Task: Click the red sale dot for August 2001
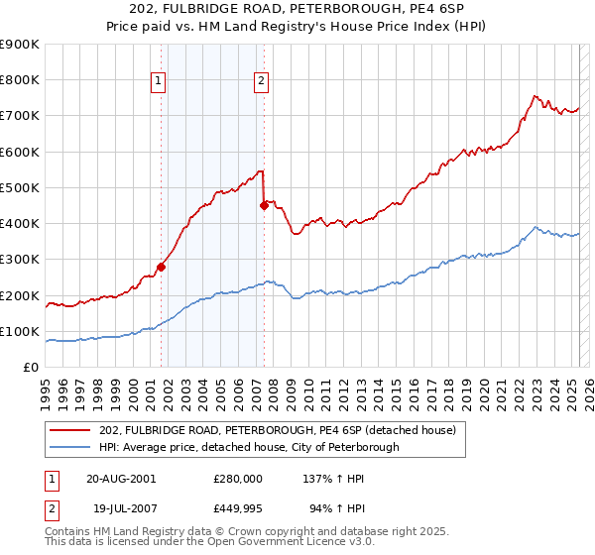pos(161,267)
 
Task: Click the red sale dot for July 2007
pos(264,205)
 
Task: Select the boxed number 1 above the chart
pos(159,83)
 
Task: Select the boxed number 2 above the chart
pos(260,83)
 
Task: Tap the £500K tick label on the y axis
pos(21,187)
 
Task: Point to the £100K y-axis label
pos(21,331)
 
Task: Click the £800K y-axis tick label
pos(21,79)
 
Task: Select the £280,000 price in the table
pos(238,478)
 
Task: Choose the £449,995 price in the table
pos(238,510)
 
